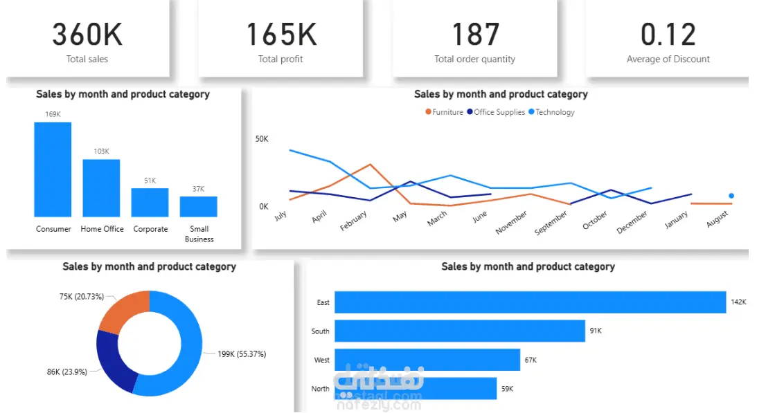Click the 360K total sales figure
[x=87, y=35]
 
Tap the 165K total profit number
[x=281, y=35]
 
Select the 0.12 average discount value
[x=668, y=35]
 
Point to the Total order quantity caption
[x=474, y=59]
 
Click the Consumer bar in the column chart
[x=53, y=169]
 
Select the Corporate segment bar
[x=150, y=202]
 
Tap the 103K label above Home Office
[x=101, y=151]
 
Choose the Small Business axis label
[x=199, y=234]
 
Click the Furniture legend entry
[x=444, y=112]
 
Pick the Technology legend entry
[x=551, y=112]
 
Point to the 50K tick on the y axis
[x=262, y=139]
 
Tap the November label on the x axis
[x=511, y=222]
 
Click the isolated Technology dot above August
[x=731, y=196]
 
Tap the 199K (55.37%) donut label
[x=242, y=354]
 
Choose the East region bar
[x=530, y=302]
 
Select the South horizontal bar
[x=460, y=331]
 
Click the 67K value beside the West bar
[x=531, y=360]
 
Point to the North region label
[x=320, y=388]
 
